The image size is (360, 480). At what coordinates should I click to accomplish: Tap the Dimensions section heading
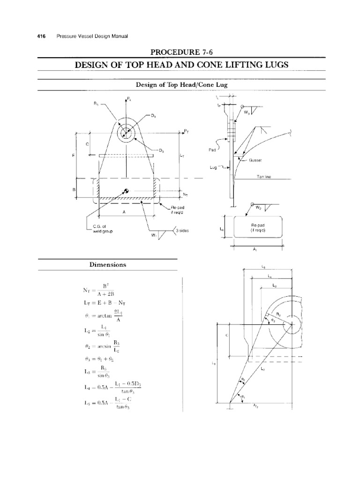coord(108,264)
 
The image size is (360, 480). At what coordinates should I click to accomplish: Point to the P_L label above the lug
coord(128,99)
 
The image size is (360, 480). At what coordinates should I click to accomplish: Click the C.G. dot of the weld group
coord(126,190)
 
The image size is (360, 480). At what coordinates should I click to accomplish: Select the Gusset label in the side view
coord(256,159)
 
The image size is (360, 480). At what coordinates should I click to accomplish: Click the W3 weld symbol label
coord(247,112)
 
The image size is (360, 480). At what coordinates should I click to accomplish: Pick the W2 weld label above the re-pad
coord(259,206)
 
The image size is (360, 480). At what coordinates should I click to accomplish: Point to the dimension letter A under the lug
coord(124,212)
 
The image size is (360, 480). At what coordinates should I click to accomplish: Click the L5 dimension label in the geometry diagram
coord(263,267)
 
